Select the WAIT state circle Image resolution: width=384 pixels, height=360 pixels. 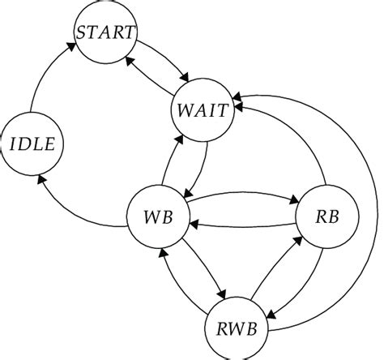203,109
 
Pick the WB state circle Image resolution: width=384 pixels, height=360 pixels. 156,218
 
